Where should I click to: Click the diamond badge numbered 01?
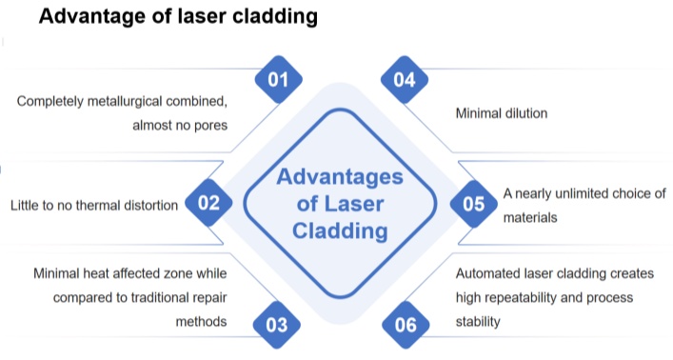(277, 80)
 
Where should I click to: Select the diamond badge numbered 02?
(208, 202)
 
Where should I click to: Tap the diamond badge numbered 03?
(277, 325)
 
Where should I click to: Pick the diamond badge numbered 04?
(405, 80)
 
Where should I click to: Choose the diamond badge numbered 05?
(473, 202)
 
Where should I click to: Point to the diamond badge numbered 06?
(405, 325)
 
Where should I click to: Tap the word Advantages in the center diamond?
(341, 178)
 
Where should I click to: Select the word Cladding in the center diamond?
(341, 230)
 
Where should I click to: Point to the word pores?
(208, 124)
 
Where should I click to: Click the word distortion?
(144, 204)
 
